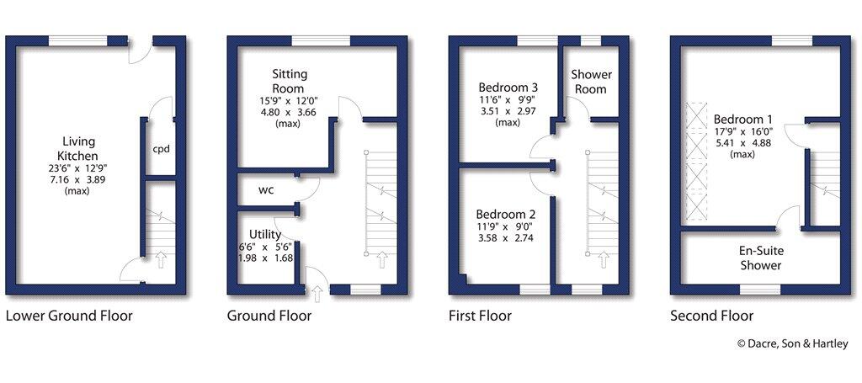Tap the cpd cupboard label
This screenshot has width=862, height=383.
pyautogui.click(x=161, y=150)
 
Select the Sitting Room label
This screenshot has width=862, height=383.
pyautogui.click(x=288, y=81)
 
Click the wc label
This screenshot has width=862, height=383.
pyautogui.click(x=266, y=189)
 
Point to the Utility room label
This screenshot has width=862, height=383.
pyautogui.click(x=265, y=234)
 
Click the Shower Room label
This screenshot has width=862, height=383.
pyautogui.click(x=592, y=82)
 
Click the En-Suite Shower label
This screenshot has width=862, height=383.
pyautogui.click(x=760, y=258)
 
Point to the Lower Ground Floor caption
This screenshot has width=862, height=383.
pyautogui.click(x=69, y=317)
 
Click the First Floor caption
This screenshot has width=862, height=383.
pyautogui.click(x=480, y=317)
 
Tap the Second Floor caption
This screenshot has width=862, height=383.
pyautogui.click(x=711, y=317)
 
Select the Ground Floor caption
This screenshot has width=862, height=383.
pyautogui.click(x=269, y=317)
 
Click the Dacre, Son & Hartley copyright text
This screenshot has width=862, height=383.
pyautogui.click(x=792, y=343)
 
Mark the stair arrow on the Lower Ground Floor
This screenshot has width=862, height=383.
pyautogui.click(x=159, y=261)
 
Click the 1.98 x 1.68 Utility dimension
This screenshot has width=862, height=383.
pyautogui.click(x=265, y=258)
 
